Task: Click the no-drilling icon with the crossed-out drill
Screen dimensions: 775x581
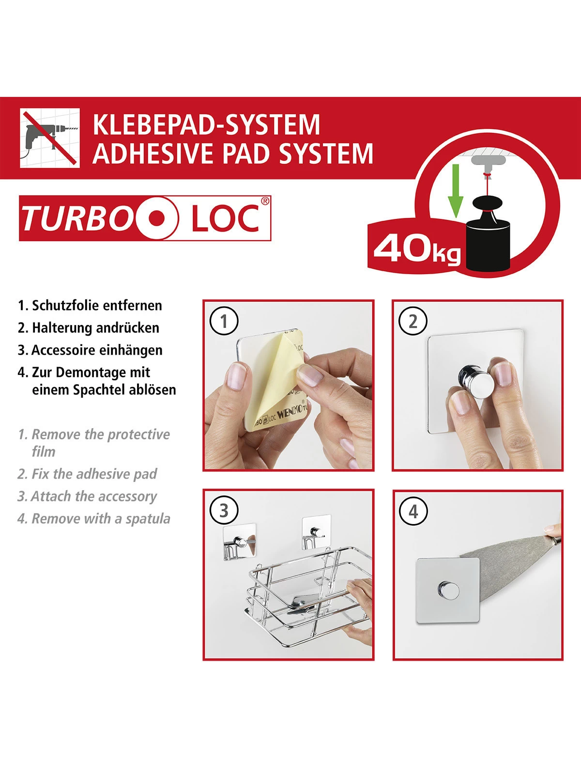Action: point(49,138)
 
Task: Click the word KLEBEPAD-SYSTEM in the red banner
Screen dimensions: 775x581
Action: point(206,124)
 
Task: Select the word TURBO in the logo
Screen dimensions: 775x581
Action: point(76,218)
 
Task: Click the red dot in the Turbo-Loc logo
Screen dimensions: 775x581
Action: point(155,218)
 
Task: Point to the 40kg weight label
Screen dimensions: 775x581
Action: point(416,249)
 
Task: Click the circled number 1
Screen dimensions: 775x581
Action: point(224,321)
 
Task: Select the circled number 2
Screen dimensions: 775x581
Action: point(413,321)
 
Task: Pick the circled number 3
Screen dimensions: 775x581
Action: point(224,511)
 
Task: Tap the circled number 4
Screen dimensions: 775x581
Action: point(413,511)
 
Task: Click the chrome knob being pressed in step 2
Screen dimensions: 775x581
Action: point(476,379)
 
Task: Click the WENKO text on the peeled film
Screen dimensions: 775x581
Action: point(290,413)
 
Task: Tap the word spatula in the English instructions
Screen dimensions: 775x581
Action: point(148,519)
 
